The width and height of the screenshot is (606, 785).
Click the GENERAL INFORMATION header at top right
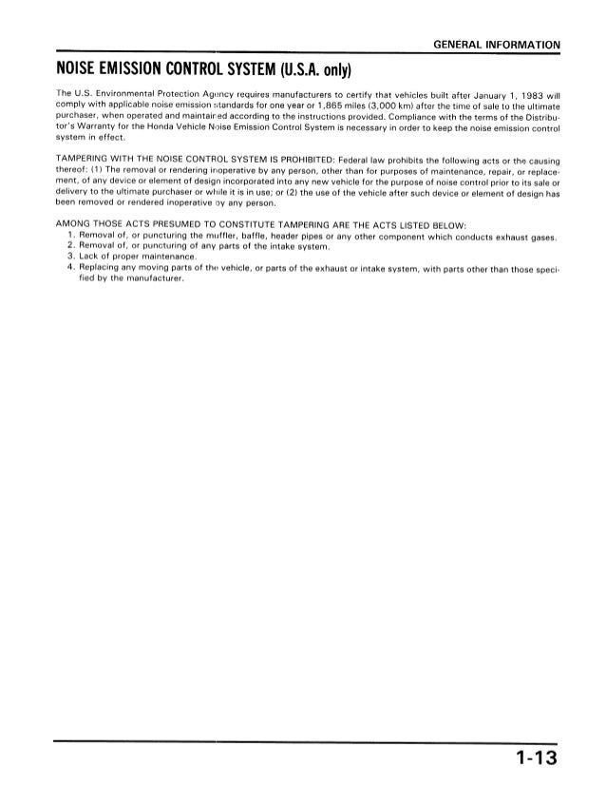tap(494, 45)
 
